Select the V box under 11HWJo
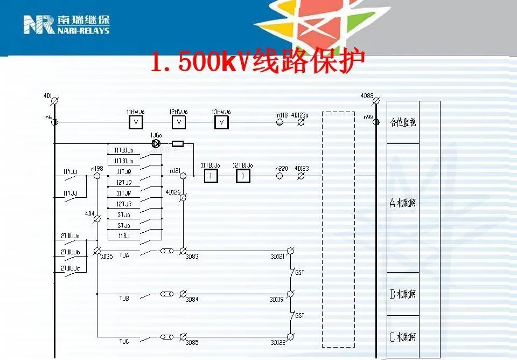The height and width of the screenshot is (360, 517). [x=136, y=123]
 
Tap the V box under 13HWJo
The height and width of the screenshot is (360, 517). [x=221, y=123]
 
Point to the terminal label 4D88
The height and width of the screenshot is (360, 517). [x=367, y=96]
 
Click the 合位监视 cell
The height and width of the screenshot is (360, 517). [x=403, y=123]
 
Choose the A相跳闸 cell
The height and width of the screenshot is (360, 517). [x=403, y=203]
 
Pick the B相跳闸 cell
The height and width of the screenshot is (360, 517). [x=403, y=294]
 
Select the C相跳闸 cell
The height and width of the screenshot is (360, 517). [x=403, y=337]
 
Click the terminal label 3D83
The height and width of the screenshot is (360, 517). [x=192, y=257]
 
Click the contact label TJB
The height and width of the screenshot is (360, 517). [x=124, y=297]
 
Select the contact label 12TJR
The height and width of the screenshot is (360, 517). [x=124, y=204]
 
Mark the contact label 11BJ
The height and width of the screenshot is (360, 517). [x=124, y=236]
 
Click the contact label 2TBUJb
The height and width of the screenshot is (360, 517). [x=70, y=252]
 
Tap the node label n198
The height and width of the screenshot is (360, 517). [x=97, y=169]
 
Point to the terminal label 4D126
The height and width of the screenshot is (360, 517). [x=172, y=192]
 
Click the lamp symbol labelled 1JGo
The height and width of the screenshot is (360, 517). [x=156, y=144]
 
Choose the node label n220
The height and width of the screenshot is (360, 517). [x=282, y=169]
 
